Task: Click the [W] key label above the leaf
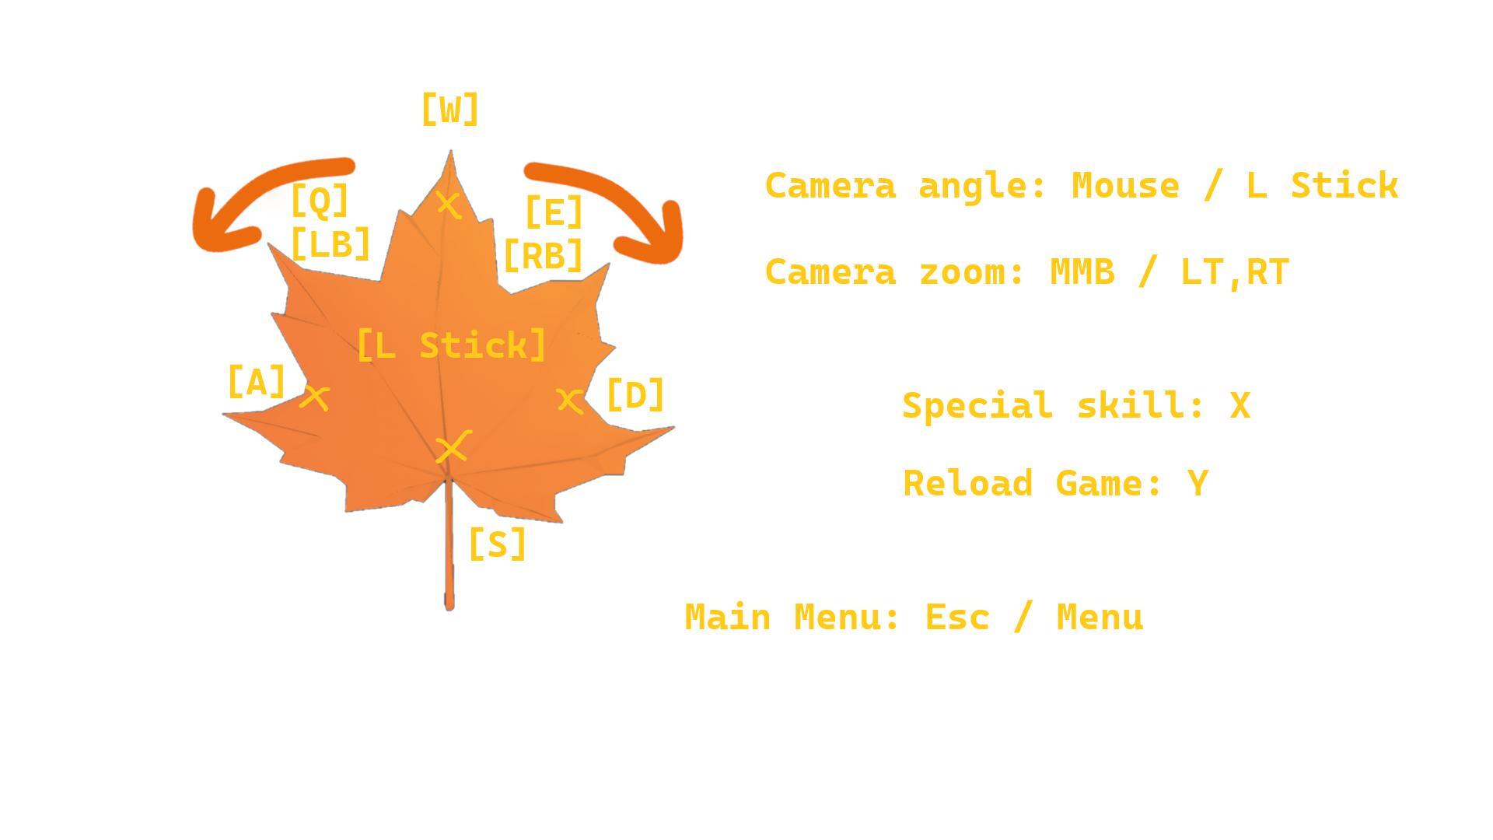click(449, 110)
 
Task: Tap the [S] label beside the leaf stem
click(498, 544)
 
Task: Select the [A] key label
click(257, 382)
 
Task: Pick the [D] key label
click(635, 395)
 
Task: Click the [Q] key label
click(320, 201)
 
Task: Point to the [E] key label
click(554, 212)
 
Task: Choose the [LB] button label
click(330, 244)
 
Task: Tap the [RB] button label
click(543, 255)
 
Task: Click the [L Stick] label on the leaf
click(451, 345)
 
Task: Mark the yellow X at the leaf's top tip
click(449, 205)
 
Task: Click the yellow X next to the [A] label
click(315, 397)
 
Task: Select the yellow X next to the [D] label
click(570, 401)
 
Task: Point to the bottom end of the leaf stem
click(449, 609)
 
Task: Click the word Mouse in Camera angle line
click(1125, 186)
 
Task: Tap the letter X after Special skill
click(1240, 406)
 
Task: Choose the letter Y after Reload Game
click(1198, 483)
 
